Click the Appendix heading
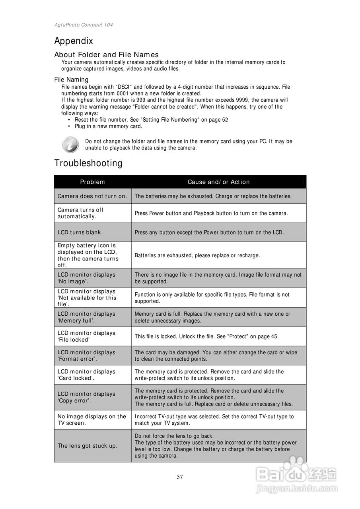[74, 41]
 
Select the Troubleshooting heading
[88, 163]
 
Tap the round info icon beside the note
[70, 144]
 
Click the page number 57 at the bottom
[180, 477]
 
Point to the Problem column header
[92, 182]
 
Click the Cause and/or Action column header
[218, 182]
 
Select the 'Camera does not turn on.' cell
[92, 196]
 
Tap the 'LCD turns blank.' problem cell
[80, 232]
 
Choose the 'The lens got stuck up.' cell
[88, 446]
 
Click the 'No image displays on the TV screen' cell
[92, 420]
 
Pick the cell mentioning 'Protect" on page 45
[206, 336]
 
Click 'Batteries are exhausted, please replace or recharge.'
[197, 255]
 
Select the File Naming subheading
[71, 80]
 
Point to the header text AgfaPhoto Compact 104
[84, 25]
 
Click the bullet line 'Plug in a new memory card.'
[108, 126]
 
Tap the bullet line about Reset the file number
[151, 120]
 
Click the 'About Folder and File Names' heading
[106, 54]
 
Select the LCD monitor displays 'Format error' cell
[86, 356]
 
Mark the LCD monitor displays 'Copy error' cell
[86, 397]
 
